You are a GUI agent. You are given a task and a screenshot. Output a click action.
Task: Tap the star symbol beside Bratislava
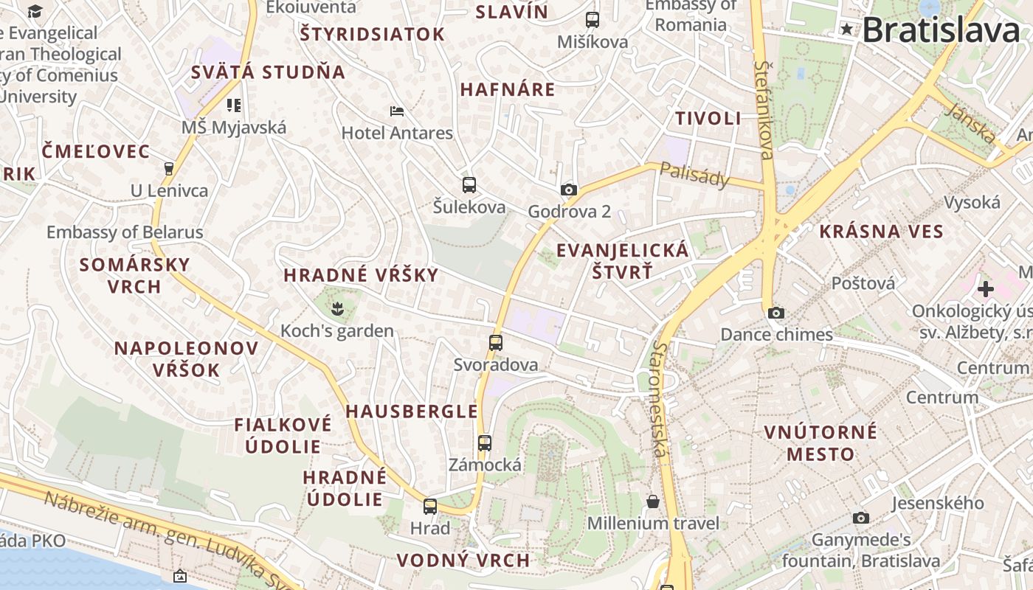pyautogui.click(x=846, y=29)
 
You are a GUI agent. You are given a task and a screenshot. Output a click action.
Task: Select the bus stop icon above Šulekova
pyautogui.click(x=469, y=184)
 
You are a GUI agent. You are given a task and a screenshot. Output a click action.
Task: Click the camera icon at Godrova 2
pyautogui.click(x=568, y=190)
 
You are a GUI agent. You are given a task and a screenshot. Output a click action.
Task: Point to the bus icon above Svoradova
pyautogui.click(x=496, y=342)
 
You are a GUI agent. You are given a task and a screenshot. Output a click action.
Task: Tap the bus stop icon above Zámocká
pyautogui.click(x=484, y=442)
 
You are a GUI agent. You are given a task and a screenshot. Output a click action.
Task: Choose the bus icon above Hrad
pyautogui.click(x=430, y=506)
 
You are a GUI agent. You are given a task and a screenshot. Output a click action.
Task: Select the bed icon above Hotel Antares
pyautogui.click(x=397, y=111)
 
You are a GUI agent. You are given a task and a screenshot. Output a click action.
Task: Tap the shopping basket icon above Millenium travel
pyautogui.click(x=653, y=502)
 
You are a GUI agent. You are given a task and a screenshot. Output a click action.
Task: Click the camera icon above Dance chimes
pyautogui.click(x=775, y=313)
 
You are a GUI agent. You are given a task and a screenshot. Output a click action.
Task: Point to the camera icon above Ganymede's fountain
pyautogui.click(x=860, y=518)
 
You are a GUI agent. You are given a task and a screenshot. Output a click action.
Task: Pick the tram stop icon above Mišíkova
pyautogui.click(x=592, y=19)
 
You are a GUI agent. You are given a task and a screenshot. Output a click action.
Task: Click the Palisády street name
pyautogui.click(x=694, y=176)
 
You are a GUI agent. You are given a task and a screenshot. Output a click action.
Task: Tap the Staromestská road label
pyautogui.click(x=660, y=398)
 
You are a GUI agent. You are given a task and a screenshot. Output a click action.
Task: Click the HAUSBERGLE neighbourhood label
pyautogui.click(x=412, y=412)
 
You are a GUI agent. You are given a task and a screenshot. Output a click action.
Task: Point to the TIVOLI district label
pyautogui.click(x=708, y=118)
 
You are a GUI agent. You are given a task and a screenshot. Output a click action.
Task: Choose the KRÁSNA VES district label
pyautogui.click(x=881, y=232)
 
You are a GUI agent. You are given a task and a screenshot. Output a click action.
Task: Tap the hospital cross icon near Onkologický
pyautogui.click(x=986, y=288)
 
